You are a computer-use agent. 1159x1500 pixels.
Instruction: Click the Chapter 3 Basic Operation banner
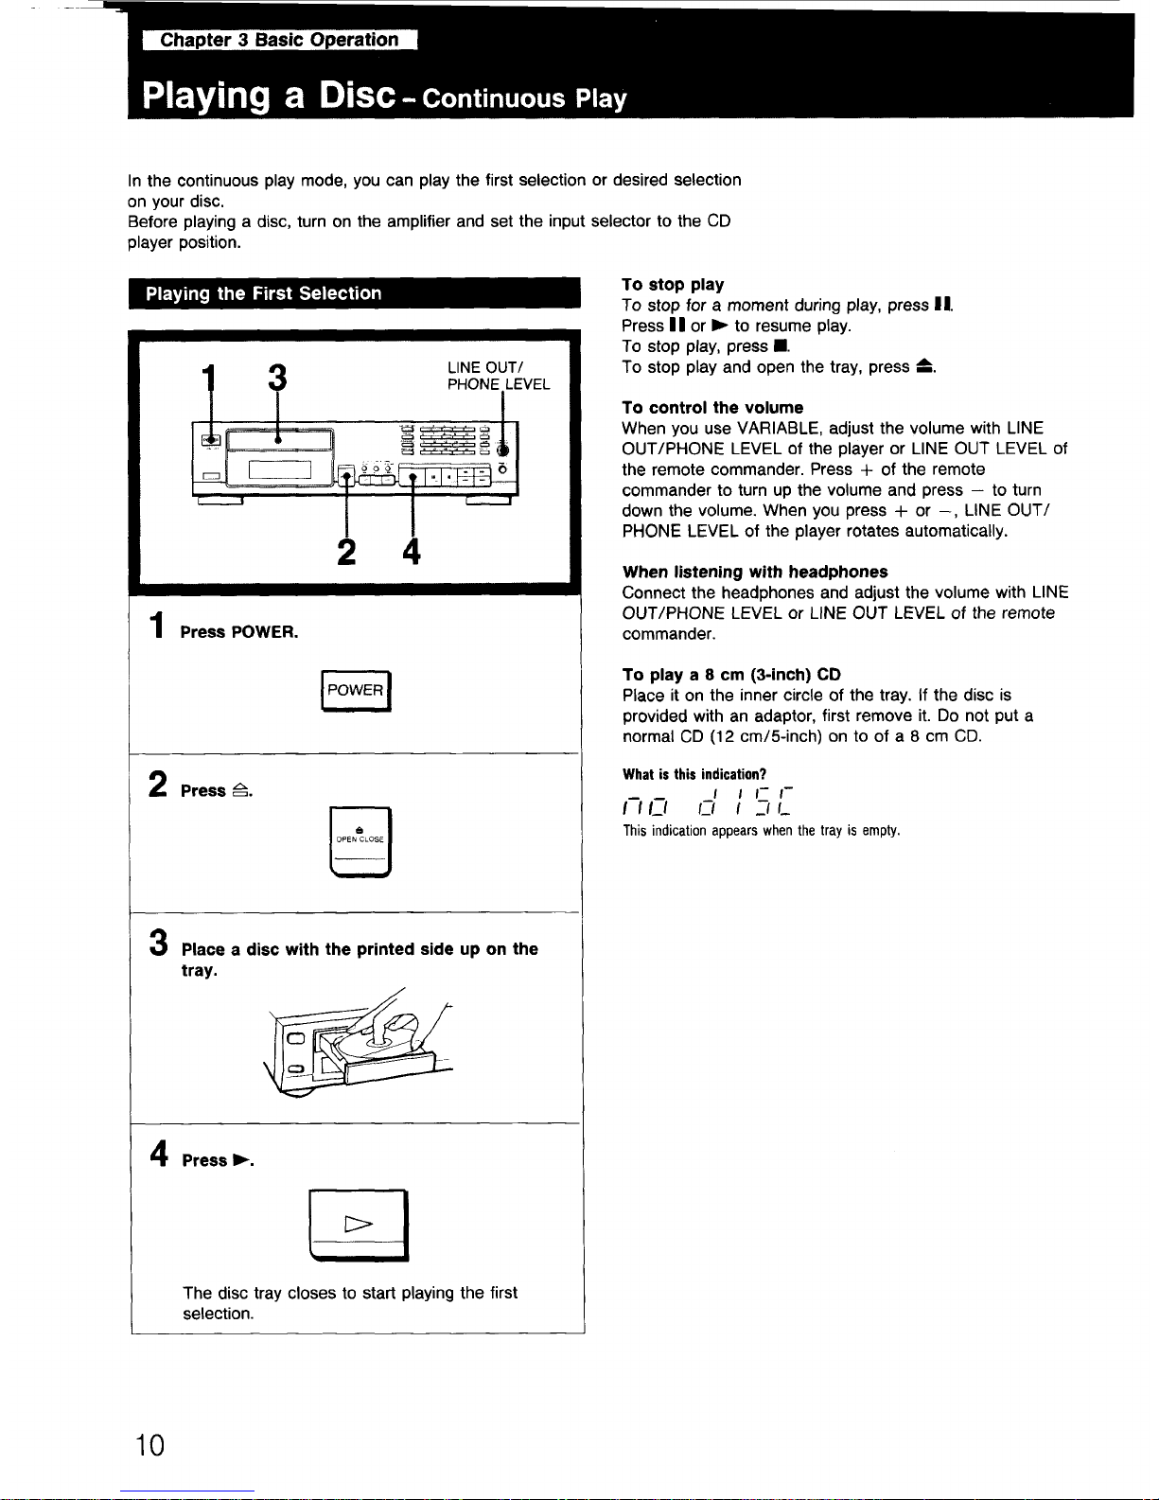[x=279, y=40]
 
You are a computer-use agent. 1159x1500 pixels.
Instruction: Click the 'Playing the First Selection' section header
[x=263, y=293]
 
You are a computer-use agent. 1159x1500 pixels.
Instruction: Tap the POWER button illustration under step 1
[x=355, y=691]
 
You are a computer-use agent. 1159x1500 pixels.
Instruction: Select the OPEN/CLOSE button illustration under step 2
[x=360, y=841]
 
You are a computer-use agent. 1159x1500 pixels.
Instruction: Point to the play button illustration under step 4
[x=359, y=1225]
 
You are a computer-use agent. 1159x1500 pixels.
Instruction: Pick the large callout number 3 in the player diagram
[x=276, y=378]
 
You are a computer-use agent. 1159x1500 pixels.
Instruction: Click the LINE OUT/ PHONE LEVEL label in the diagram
[x=498, y=376]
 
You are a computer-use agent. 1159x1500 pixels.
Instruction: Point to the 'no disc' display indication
[x=707, y=802]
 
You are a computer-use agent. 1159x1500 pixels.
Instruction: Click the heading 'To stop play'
[x=673, y=285]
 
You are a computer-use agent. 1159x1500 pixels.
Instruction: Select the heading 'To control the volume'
[x=712, y=408]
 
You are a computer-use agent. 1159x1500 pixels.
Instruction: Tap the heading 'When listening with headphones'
[x=755, y=572]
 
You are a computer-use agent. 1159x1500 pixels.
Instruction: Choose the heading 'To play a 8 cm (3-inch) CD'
[x=731, y=675]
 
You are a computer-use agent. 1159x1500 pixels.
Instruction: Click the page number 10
[x=149, y=1445]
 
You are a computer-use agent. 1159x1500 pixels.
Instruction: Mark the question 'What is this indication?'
[x=694, y=774]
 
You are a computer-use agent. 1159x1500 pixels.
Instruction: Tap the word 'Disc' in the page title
[x=357, y=96]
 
